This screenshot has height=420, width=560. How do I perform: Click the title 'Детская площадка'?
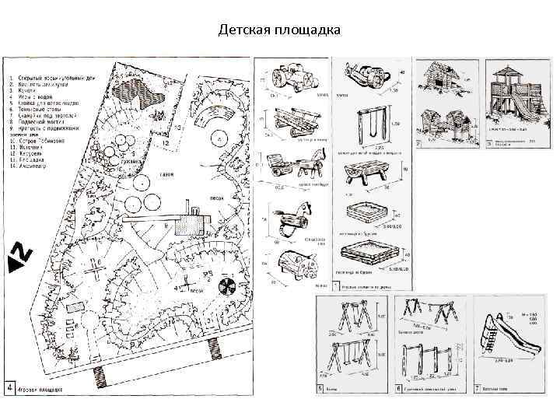279,30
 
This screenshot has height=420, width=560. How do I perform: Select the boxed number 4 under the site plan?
9,386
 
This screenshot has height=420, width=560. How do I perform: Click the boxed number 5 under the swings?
321,387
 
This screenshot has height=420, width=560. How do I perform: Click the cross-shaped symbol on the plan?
94,269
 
